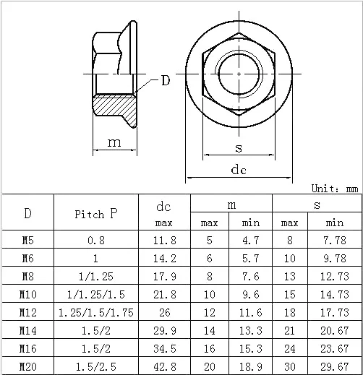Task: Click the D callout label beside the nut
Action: pyautogui.click(x=166, y=80)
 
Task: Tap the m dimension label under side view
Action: pyautogui.click(x=114, y=142)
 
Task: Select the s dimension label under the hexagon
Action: pyautogui.click(x=239, y=148)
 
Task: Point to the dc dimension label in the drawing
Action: pyautogui.click(x=239, y=169)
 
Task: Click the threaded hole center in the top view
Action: pyautogui.click(x=239, y=74)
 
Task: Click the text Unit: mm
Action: pyautogui.click(x=335, y=189)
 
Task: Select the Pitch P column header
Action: pyautogui.click(x=96, y=213)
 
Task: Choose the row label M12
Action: pyautogui.click(x=28, y=312)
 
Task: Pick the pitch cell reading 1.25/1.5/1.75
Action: pyautogui.click(x=96, y=312)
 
